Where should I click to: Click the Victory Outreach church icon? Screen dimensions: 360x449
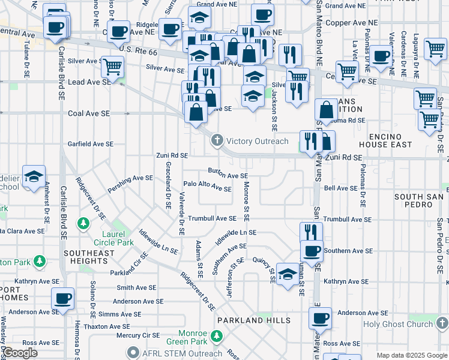217,141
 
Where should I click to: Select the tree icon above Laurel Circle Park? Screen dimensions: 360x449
83,224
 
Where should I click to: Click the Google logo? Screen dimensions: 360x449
20,353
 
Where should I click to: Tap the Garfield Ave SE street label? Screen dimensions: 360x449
90,144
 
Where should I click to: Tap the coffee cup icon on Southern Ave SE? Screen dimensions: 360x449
312,251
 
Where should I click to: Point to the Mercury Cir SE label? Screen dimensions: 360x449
137,335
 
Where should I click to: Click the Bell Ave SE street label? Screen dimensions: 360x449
340,188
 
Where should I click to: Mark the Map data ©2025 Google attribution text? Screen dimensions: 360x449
411,355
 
